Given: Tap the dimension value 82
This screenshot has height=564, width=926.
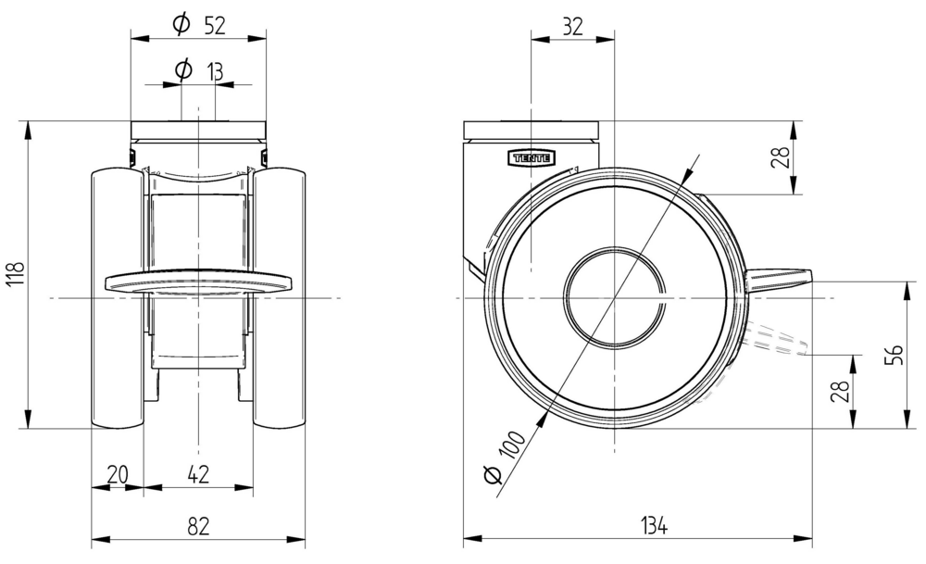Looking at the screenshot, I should [198, 526].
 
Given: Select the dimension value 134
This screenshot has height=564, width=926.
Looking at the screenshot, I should [655, 526].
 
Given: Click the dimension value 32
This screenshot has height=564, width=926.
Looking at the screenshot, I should [572, 27].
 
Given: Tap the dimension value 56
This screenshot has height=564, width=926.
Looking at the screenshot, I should [893, 355].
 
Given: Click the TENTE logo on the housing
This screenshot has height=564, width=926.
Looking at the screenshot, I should [532, 157].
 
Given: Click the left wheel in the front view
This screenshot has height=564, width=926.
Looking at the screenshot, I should [117, 297].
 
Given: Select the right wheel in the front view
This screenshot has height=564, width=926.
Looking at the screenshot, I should [280, 297].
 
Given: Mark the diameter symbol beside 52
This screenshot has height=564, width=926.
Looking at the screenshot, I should [181, 26].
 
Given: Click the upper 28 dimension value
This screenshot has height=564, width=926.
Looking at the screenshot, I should [782, 157].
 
